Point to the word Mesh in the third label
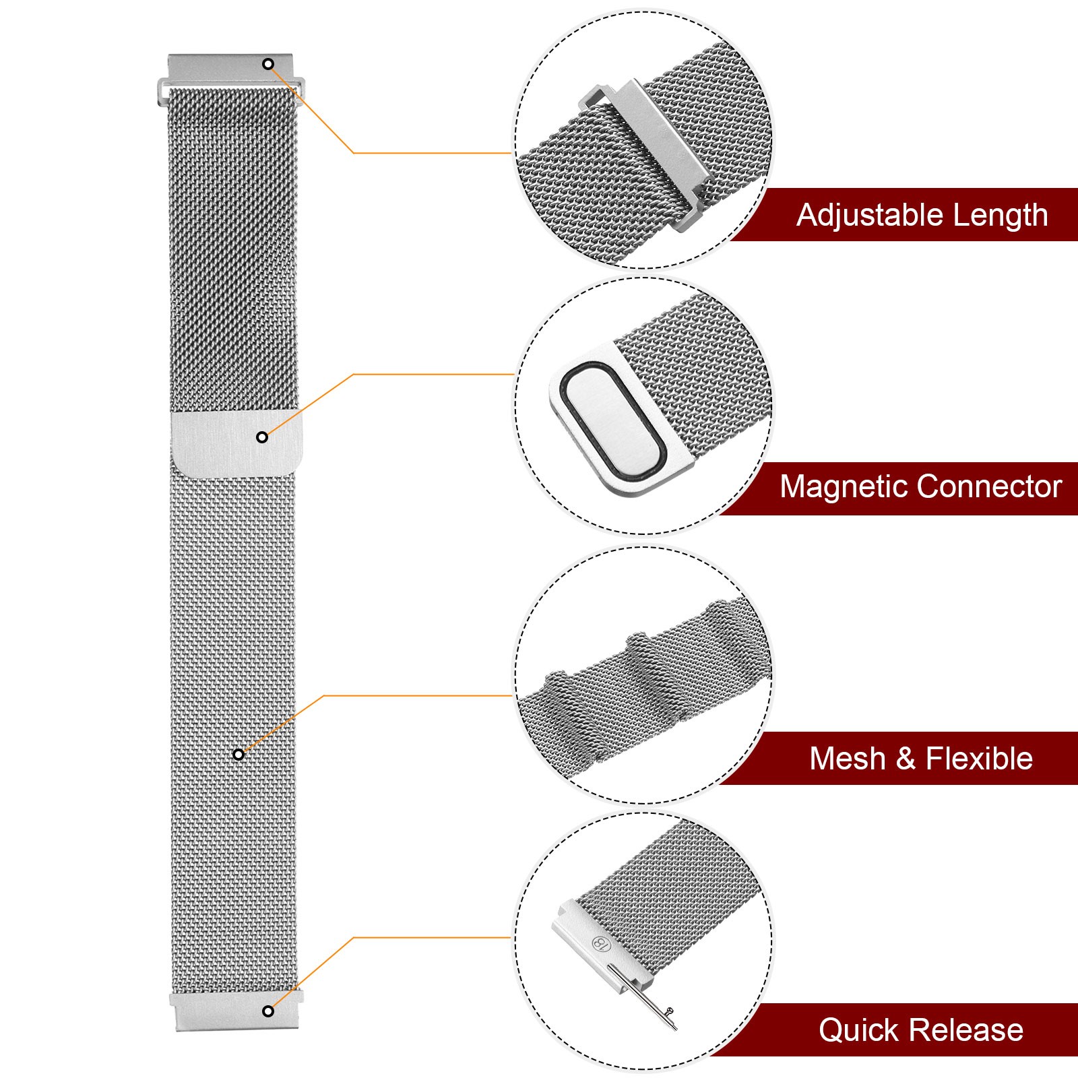point(847,759)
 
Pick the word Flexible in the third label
point(979,759)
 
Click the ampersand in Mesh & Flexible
point(906,759)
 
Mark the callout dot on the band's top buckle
point(268,64)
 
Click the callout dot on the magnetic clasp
point(262,437)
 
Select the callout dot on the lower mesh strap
point(238,755)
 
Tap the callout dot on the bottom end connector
point(268,1011)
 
